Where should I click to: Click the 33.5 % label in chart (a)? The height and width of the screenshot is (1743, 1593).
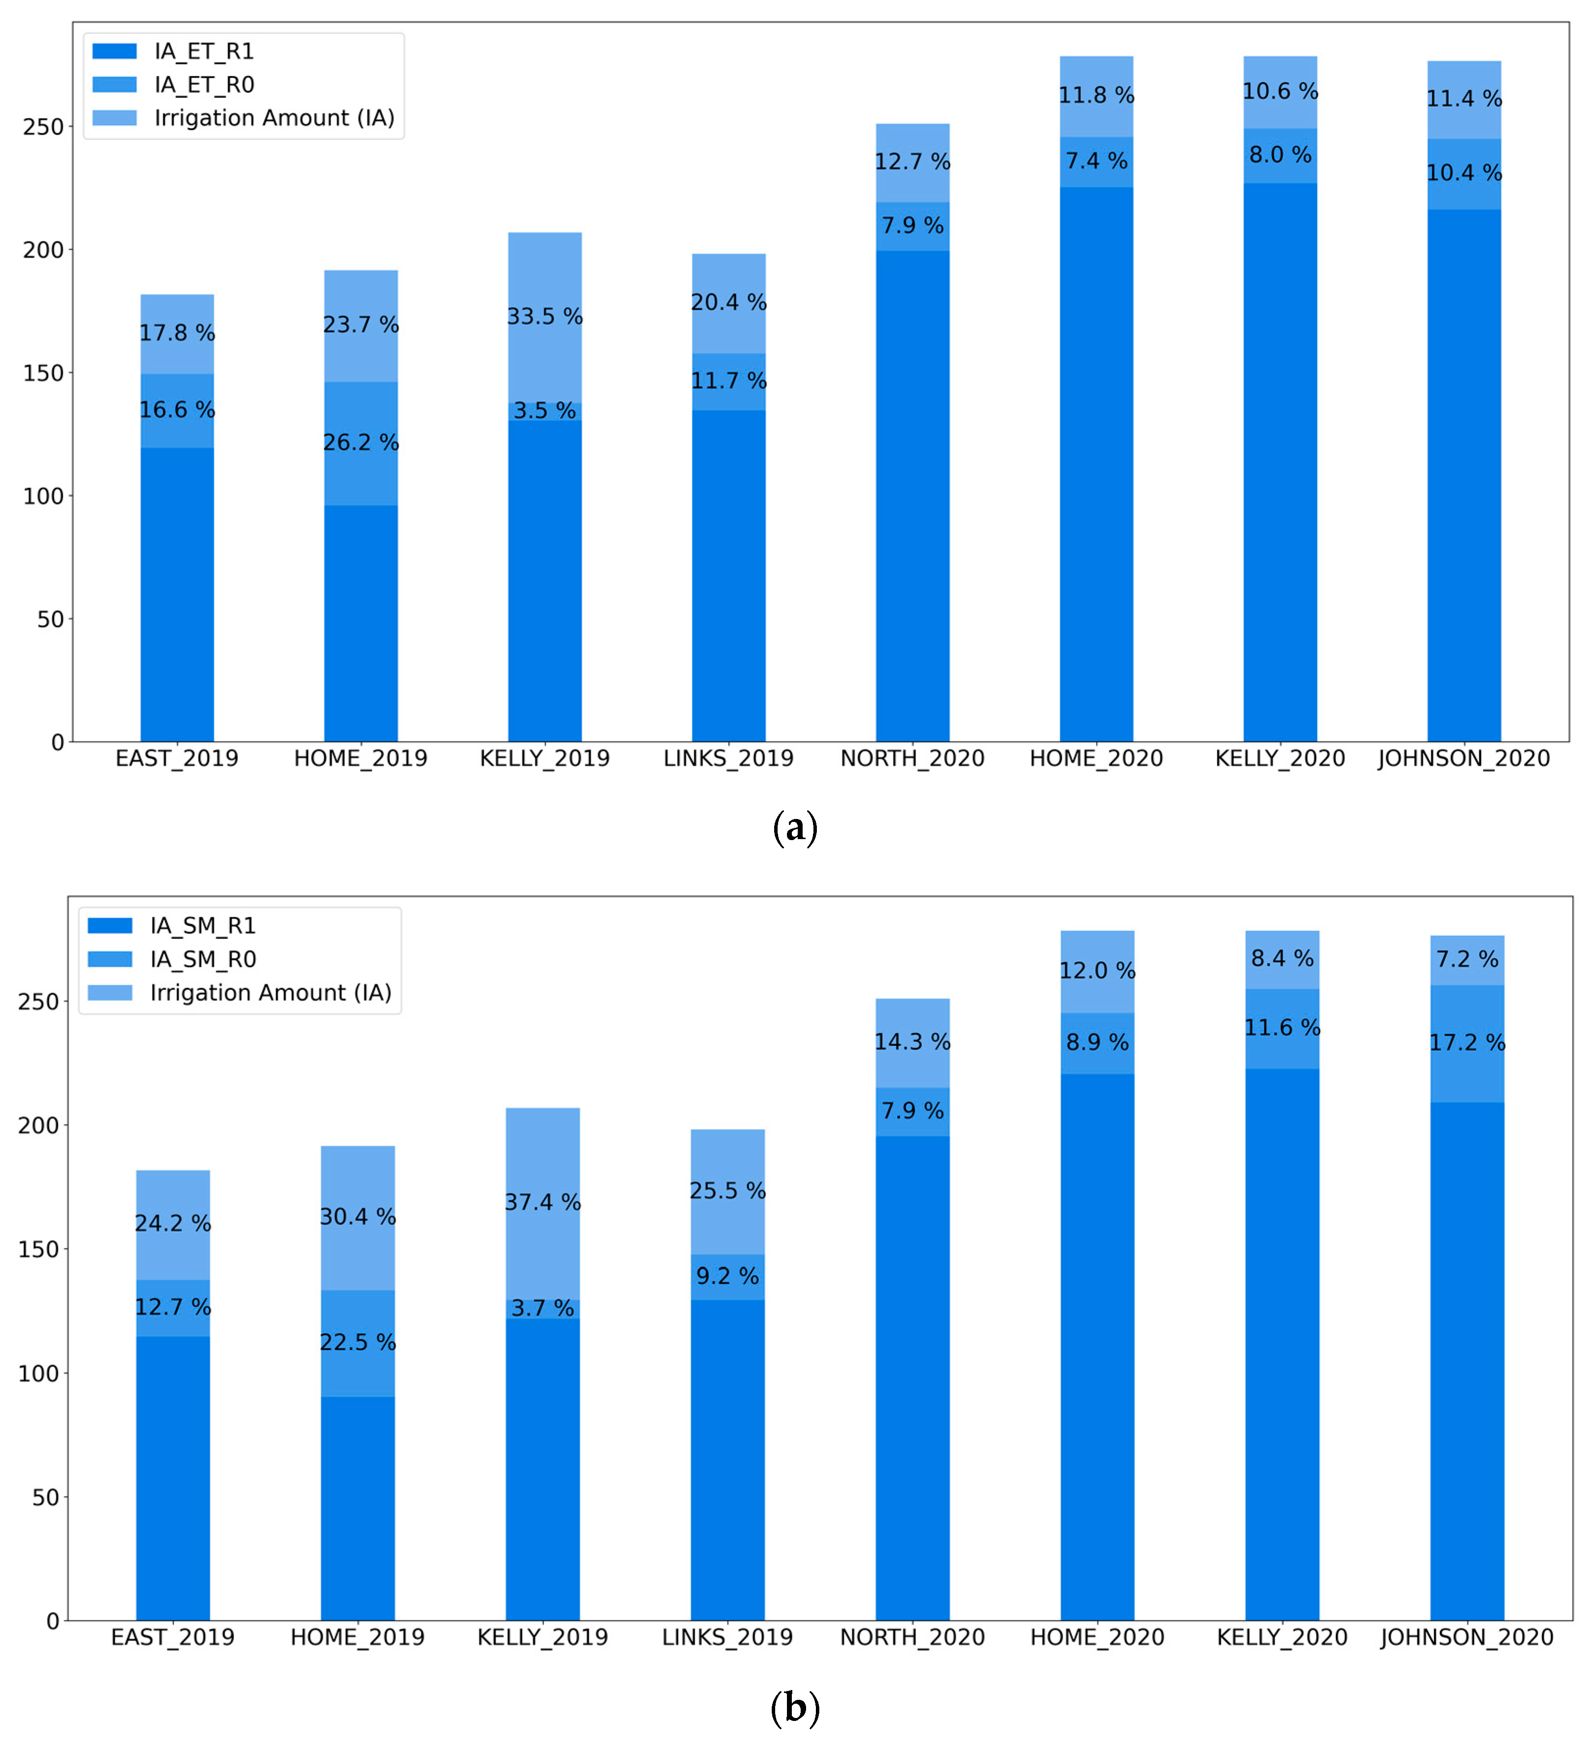coord(545,317)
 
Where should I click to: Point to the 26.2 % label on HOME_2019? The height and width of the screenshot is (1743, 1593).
coord(361,443)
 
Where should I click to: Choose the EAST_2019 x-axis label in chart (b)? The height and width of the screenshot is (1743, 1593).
coord(173,1637)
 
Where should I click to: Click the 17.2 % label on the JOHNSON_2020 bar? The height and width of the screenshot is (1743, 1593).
coord(1467,1043)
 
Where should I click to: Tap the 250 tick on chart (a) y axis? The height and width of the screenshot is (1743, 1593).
coord(43,127)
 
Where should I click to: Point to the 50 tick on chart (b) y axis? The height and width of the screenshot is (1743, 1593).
coord(46,1498)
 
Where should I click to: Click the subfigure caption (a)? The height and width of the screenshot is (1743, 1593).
coord(794,827)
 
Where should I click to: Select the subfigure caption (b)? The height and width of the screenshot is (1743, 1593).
coord(794,1708)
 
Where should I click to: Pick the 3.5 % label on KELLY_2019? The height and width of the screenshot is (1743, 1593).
coord(545,411)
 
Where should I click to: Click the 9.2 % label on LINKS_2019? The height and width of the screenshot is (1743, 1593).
coord(728,1276)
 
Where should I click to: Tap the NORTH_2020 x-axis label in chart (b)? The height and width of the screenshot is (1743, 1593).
coord(912,1637)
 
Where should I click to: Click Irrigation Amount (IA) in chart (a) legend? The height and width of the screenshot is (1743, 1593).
coord(274,118)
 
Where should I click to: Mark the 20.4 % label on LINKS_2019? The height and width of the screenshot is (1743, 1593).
coord(729,303)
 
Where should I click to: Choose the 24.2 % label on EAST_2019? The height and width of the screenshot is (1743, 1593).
coord(173,1223)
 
